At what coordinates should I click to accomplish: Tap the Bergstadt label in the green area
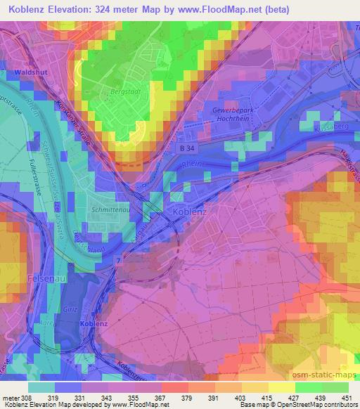[122, 92]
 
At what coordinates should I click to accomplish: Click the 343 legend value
[109, 398]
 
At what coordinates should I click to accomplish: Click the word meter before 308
[11, 398]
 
